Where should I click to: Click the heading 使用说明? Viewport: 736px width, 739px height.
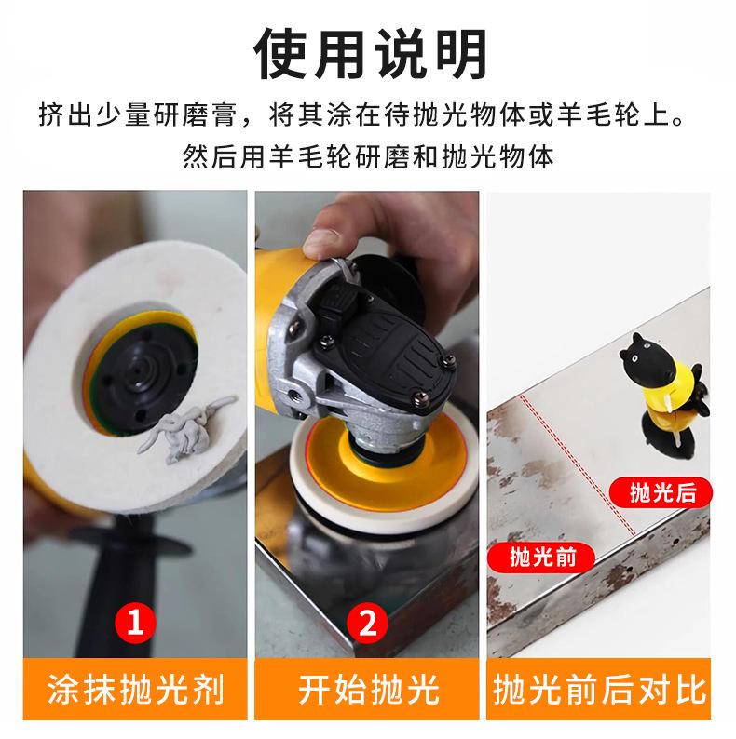click(x=371, y=54)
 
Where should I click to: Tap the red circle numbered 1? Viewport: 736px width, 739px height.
click(x=135, y=622)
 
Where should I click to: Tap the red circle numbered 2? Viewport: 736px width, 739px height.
click(x=367, y=623)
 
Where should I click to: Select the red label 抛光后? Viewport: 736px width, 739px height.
click(x=661, y=492)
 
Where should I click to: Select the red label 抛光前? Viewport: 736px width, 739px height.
click(x=541, y=558)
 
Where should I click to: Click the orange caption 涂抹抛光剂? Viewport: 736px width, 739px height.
click(x=135, y=689)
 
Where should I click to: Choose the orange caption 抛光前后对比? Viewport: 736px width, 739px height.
click(x=599, y=689)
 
